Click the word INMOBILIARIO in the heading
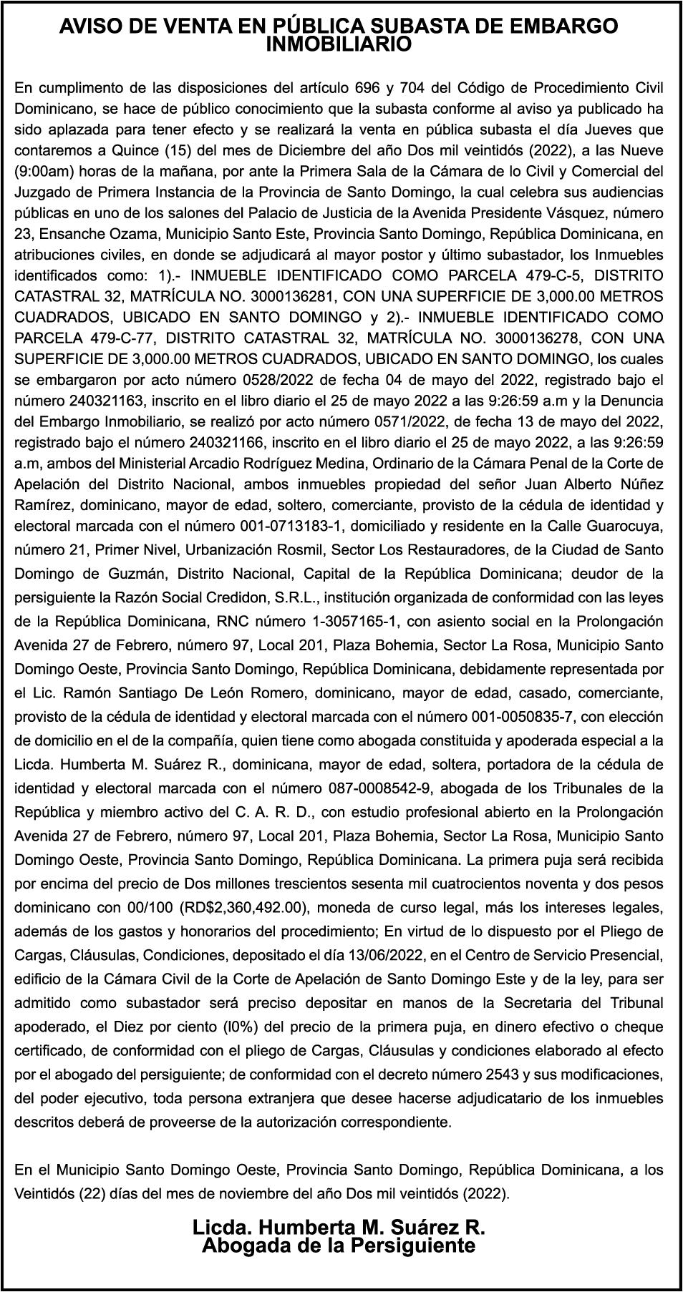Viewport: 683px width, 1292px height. coord(339,45)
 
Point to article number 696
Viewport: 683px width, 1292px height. coord(367,88)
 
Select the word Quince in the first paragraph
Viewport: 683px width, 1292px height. coord(136,151)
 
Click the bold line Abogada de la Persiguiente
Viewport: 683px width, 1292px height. coord(339,1245)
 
